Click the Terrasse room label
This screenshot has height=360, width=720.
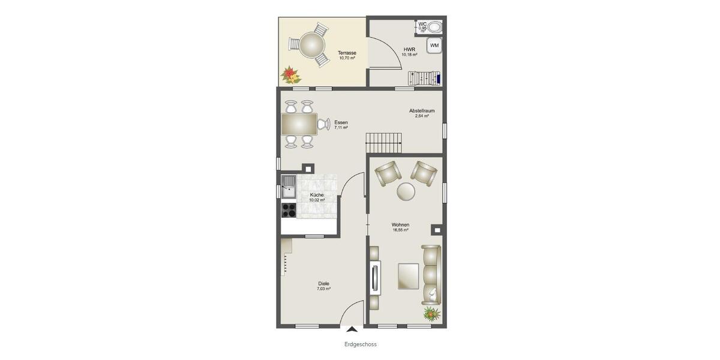click(x=347, y=53)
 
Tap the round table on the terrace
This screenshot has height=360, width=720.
click(x=312, y=44)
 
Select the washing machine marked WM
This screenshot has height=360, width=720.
click(x=434, y=46)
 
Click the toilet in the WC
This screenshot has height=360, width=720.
click(x=435, y=27)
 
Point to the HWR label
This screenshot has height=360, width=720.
click(x=409, y=49)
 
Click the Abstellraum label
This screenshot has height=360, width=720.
click(x=422, y=111)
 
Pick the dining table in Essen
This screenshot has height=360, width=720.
click(x=299, y=124)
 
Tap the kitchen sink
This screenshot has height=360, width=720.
click(x=289, y=187)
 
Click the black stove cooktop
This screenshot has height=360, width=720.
click(x=289, y=210)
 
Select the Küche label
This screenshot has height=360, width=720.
click(x=317, y=195)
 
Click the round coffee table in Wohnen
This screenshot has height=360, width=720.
click(x=406, y=191)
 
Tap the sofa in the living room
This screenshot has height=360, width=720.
click(x=431, y=274)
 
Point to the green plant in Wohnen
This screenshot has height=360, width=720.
click(x=431, y=313)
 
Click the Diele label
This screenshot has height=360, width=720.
click(x=324, y=284)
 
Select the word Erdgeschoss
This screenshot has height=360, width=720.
click(x=361, y=344)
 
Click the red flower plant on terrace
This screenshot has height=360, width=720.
click(x=291, y=74)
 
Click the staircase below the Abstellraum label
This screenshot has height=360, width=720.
click(x=383, y=143)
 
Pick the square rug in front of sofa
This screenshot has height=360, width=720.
click(x=409, y=275)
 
